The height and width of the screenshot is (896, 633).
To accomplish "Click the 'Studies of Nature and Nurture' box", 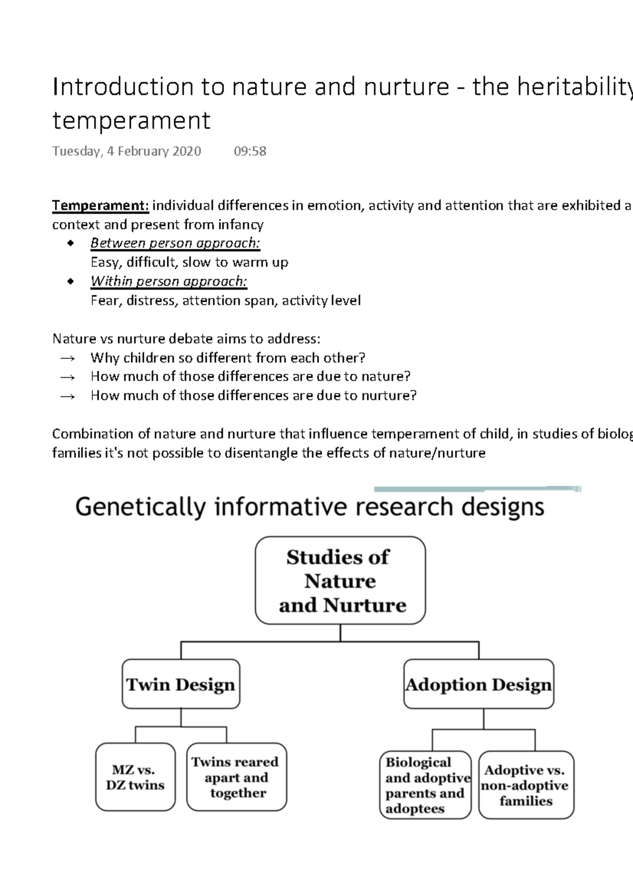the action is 340,580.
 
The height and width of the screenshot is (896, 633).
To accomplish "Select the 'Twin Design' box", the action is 181,684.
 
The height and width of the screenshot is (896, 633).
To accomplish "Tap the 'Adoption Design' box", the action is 478,684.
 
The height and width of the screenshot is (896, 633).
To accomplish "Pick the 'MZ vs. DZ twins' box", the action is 135,777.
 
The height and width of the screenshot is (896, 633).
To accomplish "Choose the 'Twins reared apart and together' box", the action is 236,777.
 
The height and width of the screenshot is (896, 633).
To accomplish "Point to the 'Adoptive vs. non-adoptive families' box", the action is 525,785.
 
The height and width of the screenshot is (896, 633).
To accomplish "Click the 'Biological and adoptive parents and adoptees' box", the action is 425,785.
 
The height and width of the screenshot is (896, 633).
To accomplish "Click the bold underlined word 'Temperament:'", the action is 100,205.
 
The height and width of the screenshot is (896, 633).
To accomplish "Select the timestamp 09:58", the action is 250,151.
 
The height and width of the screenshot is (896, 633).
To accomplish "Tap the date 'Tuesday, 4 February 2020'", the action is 127,151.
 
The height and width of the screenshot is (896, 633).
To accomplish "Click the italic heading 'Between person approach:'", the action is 175,243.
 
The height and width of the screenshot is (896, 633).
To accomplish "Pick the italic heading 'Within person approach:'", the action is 169,281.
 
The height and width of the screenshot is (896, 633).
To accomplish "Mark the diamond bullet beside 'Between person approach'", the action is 70,243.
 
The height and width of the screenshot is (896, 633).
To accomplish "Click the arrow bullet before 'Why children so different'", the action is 68,358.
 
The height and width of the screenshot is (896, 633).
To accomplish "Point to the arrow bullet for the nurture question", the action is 68,396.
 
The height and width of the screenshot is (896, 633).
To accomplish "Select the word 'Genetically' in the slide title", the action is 140,507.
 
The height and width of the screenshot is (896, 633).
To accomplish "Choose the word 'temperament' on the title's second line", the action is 131,120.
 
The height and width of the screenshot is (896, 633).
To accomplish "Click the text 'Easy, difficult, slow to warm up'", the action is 189,262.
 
